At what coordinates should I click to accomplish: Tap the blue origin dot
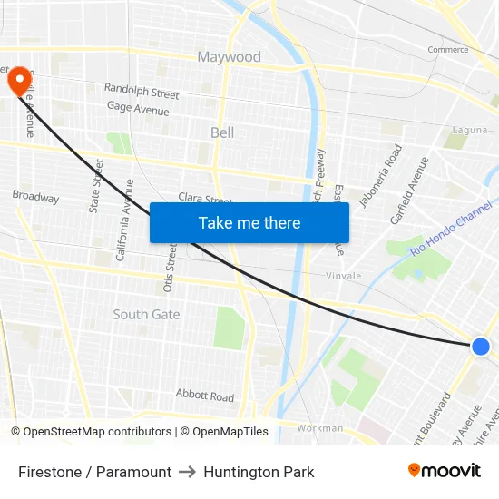481,346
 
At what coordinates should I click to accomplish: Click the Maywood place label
229,57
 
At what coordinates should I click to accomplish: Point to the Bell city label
222,132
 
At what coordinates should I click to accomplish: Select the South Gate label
146,315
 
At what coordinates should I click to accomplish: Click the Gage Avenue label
138,110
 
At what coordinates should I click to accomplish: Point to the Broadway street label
35,197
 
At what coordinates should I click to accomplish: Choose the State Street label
96,186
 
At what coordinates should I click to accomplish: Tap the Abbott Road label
205,396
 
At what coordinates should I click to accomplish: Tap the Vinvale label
344,276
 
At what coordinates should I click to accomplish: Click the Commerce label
448,50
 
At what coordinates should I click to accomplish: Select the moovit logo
445,471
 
